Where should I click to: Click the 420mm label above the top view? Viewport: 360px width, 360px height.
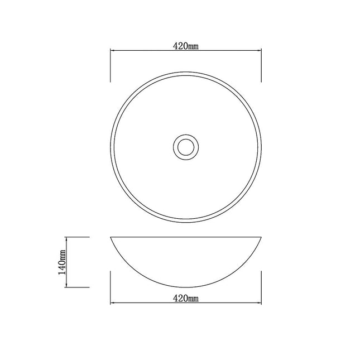[x=186, y=46]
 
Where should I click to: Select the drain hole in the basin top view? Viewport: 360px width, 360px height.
[x=185, y=146]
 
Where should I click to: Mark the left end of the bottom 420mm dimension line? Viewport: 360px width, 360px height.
[x=111, y=304]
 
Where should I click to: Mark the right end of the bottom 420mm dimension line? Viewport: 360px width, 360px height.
[x=262, y=304]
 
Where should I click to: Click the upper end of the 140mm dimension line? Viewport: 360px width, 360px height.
[x=67, y=237]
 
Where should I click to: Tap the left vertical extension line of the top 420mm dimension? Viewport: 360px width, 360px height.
[x=111, y=64]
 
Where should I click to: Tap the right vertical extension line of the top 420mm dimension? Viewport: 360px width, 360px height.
[x=262, y=64]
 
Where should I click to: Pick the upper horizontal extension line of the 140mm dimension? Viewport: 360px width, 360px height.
[x=78, y=237]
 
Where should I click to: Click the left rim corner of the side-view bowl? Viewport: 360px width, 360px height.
[x=111, y=237]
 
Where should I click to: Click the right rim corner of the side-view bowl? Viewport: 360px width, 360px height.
[x=262, y=237]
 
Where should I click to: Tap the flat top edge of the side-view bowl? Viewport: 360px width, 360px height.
[x=186, y=237]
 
